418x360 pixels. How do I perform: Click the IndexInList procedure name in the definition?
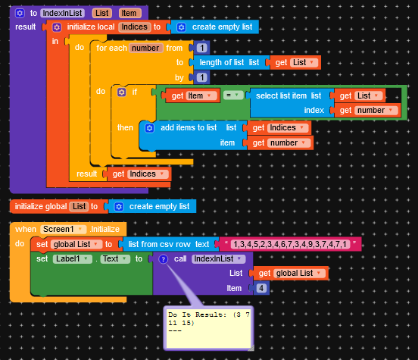click(x=62, y=13)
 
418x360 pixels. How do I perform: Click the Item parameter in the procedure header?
click(x=129, y=13)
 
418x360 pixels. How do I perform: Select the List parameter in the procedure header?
click(x=101, y=13)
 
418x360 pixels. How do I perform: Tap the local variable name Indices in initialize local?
click(x=134, y=27)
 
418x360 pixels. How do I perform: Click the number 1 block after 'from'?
click(x=201, y=48)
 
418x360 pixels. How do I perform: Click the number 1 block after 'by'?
click(x=201, y=77)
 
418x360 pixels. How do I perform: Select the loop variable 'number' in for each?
click(x=145, y=48)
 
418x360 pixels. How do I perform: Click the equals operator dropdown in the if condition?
click(x=233, y=95)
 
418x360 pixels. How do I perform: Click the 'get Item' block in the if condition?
click(x=192, y=95)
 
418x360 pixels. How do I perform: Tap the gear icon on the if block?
click(x=122, y=92)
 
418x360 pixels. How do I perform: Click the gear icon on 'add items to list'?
click(x=149, y=128)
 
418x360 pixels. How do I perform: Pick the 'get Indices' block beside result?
click(x=139, y=174)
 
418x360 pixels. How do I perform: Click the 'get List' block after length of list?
click(x=295, y=62)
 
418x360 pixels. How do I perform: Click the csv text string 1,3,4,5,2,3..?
click(x=290, y=244)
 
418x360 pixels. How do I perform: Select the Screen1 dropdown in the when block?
click(x=64, y=229)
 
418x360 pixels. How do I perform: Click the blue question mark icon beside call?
click(x=163, y=259)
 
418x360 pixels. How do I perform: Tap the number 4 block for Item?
click(x=261, y=288)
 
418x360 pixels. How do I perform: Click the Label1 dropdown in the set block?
click(x=72, y=259)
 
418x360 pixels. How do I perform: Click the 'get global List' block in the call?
click(x=291, y=274)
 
